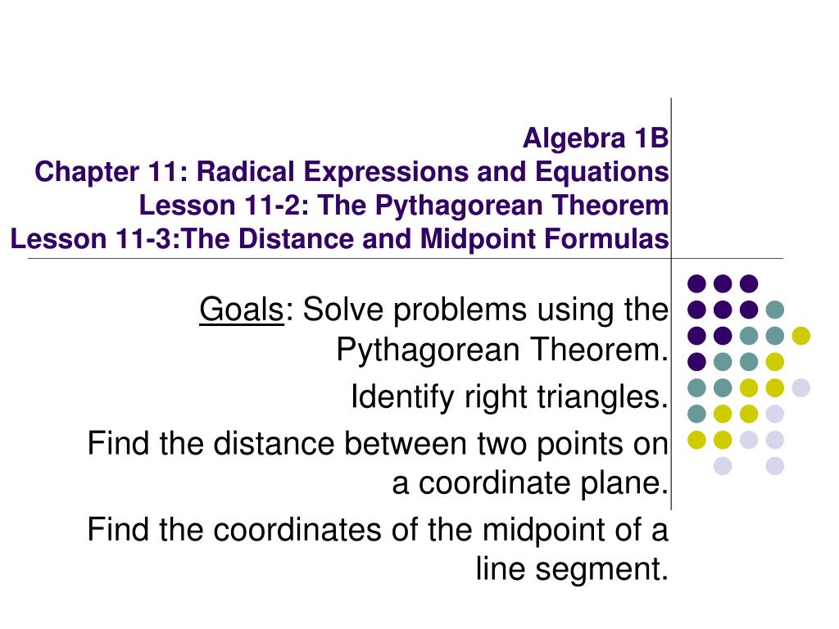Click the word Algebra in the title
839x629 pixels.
(574, 139)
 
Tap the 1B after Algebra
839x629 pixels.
(651, 138)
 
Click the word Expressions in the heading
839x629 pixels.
(386, 173)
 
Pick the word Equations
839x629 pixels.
(602, 173)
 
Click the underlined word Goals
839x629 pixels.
(242, 310)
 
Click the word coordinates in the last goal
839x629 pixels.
(297, 530)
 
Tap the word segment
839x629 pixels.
(602, 570)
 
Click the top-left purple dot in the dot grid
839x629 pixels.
(696, 283)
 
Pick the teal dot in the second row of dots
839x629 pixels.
(775, 310)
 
